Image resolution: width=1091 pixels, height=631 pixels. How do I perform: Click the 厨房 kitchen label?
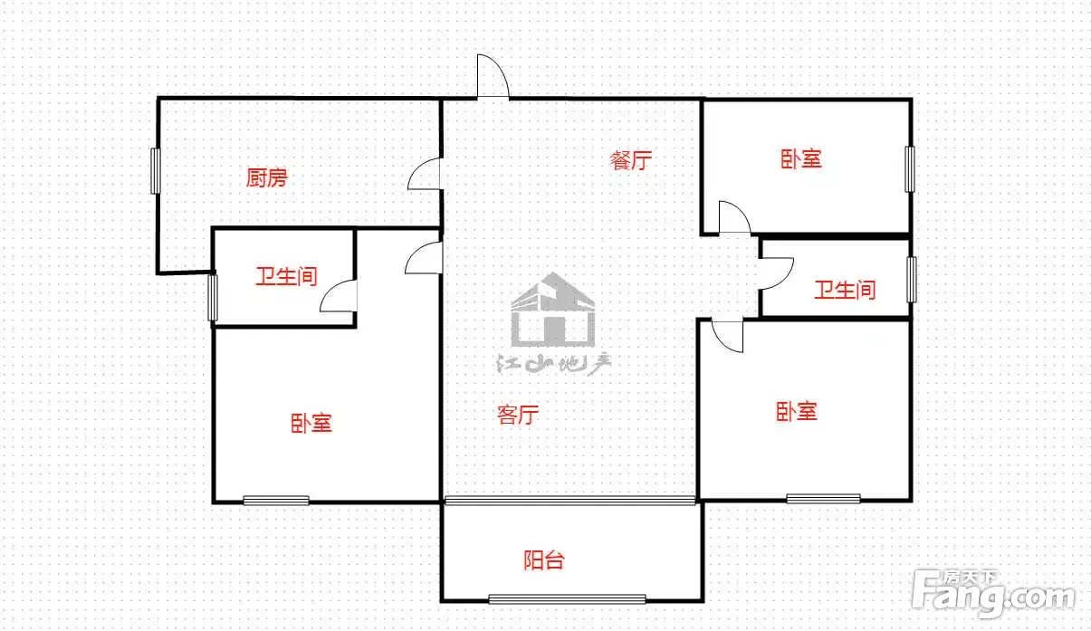[266, 177]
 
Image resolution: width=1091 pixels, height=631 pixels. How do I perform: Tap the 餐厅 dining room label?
[631, 160]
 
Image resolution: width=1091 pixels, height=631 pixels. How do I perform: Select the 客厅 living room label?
[518, 415]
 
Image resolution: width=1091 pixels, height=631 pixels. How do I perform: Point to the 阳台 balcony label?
[544, 560]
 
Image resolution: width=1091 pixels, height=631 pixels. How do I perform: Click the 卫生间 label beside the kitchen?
[286, 276]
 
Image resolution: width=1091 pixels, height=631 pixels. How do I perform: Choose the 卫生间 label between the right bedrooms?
[845, 291]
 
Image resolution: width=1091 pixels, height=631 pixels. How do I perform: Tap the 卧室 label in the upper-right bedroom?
[801, 159]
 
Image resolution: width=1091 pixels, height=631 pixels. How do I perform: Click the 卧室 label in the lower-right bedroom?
[797, 411]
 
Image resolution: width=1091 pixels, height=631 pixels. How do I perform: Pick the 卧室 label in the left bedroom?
[311, 424]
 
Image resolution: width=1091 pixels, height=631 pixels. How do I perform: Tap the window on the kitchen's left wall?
[156, 171]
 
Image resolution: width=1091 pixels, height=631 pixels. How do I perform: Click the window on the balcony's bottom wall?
[567, 599]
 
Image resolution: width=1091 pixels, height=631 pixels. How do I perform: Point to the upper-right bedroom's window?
[909, 169]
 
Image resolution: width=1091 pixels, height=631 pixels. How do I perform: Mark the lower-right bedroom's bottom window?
[823, 499]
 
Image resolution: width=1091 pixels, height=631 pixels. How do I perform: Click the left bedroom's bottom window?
[276, 500]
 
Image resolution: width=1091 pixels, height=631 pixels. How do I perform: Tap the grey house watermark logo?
[553, 311]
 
